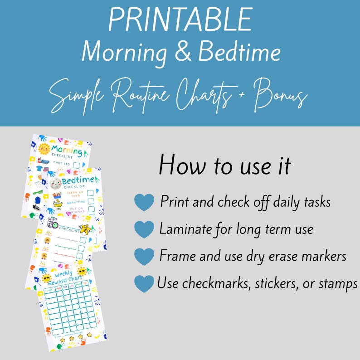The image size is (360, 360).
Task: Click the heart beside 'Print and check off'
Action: click(144, 202)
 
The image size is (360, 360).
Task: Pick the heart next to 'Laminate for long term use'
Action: click(144, 229)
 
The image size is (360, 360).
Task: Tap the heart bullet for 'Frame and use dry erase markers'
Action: click(144, 257)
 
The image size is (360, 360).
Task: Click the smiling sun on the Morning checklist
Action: click(44, 148)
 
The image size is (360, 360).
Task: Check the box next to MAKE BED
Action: click(77, 165)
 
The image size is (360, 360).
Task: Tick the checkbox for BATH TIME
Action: click(90, 201)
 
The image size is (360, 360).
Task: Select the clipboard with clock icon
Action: click(53, 223)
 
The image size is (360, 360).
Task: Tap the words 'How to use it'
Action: click(224, 166)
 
